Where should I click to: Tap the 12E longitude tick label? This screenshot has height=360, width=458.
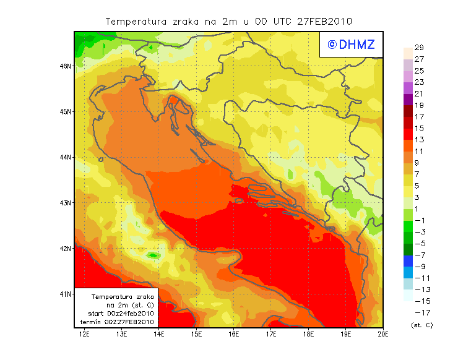(84, 335)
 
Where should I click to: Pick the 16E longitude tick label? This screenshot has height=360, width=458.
(234, 335)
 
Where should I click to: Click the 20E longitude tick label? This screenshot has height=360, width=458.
(383, 335)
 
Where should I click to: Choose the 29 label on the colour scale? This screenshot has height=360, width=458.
(419, 48)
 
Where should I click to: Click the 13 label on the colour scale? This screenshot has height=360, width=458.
(419, 140)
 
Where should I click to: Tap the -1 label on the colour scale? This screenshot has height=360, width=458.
(420, 220)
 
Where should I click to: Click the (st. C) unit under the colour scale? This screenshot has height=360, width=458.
(421, 325)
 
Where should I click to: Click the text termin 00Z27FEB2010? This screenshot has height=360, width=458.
(117, 322)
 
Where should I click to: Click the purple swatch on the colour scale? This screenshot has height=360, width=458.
(407, 99)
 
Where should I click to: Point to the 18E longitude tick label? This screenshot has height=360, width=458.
(308, 335)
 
